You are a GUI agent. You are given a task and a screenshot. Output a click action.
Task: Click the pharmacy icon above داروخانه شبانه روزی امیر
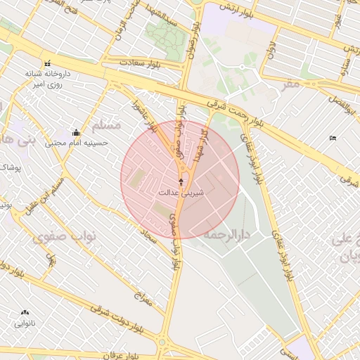(47, 64)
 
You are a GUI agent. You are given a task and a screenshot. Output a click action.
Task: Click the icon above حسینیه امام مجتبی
(76, 132)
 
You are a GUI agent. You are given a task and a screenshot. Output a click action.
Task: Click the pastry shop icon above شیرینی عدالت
(181, 181)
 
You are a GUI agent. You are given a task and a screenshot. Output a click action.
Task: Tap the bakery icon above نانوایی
(25, 313)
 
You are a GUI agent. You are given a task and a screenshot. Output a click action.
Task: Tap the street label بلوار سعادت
(144, 65)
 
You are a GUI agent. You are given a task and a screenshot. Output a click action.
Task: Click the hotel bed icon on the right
(333, 137)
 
